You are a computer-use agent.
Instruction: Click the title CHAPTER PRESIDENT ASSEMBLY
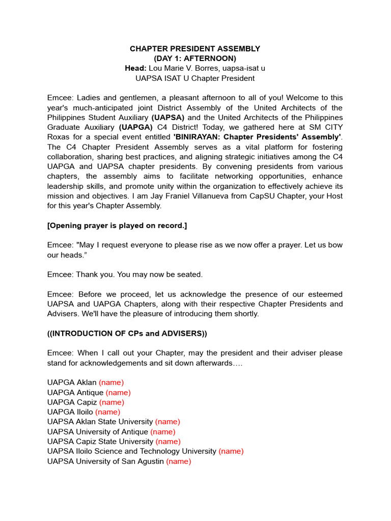[195, 49]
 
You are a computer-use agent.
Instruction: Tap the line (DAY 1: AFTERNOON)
[195, 59]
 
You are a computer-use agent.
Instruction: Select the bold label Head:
[135, 68]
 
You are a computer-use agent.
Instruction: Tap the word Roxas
[58, 137]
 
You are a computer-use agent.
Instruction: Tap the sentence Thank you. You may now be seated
[125, 274]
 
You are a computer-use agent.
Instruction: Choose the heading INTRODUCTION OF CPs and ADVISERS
[127, 333]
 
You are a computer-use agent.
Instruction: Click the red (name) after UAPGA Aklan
[111, 382]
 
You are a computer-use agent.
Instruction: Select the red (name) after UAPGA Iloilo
[107, 412]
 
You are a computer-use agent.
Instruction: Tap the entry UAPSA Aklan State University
[100, 422]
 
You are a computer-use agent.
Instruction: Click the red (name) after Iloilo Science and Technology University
[231, 451]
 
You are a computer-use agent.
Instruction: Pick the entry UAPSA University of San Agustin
[105, 461]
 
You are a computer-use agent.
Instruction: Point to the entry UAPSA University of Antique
[97, 431]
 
